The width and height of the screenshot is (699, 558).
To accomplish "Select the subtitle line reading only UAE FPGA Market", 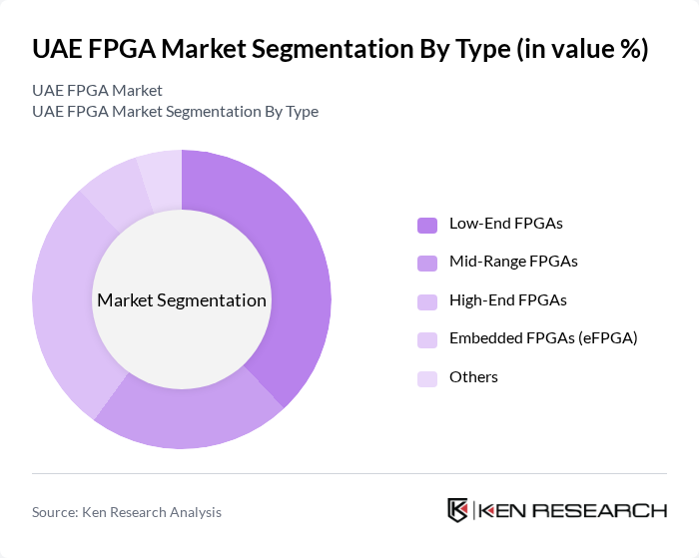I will click(97, 91).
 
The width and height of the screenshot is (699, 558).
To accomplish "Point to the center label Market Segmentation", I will click(182, 300).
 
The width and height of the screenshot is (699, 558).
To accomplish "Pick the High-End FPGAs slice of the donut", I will click(65, 299).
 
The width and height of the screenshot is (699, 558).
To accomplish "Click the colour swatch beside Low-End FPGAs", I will click(426, 224).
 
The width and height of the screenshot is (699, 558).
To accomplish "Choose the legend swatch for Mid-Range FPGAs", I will click(426, 263).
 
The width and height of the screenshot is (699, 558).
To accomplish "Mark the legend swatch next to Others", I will click(426, 377).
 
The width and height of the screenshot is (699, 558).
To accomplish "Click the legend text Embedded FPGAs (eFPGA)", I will click(542, 338).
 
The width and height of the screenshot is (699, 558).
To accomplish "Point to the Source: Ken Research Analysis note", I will click(127, 512).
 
